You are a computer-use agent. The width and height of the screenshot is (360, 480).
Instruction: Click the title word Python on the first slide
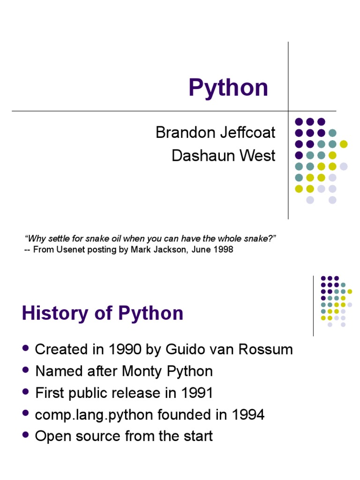coord(228,88)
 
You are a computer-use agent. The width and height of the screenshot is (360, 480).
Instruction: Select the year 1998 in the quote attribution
coord(224,250)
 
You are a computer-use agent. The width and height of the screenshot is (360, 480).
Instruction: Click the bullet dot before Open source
coord(26,435)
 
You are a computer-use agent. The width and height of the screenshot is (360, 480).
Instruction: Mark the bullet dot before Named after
coord(26,370)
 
